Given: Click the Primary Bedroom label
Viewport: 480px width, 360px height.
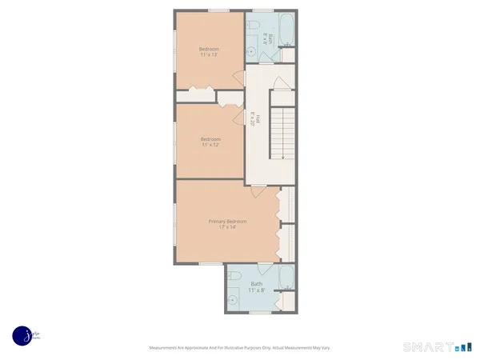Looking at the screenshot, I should pyautogui.click(x=227, y=221).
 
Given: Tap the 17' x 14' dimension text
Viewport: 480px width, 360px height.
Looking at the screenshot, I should pyautogui.click(x=227, y=227).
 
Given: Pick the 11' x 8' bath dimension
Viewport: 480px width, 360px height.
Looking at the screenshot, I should pyautogui.click(x=257, y=290).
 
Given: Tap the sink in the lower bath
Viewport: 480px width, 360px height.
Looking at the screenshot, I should pyautogui.click(x=233, y=300).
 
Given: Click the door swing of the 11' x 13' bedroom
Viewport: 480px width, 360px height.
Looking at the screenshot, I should pyautogui.click(x=237, y=78).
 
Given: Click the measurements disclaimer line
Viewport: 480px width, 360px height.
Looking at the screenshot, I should pyautogui.click(x=240, y=348).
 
